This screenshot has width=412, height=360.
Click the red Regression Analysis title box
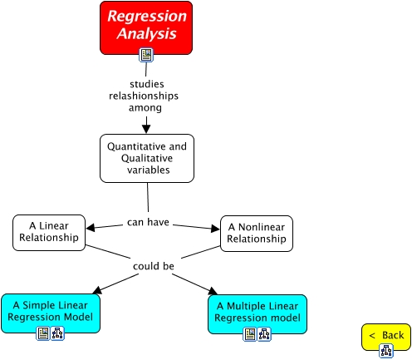coord(145,24)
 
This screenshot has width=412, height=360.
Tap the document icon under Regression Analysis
coord(146,56)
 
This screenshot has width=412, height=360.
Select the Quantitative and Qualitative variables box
coord(147,158)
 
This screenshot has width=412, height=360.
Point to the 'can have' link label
coord(147,222)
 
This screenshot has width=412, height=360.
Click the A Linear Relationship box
coord(50,232)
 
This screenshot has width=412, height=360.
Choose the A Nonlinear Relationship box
coord(257,233)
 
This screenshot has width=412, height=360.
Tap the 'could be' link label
coord(153,266)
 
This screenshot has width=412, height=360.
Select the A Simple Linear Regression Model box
coord(51,312)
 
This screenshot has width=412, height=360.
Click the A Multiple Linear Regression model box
coord(257,313)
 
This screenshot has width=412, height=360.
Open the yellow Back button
coord(386,335)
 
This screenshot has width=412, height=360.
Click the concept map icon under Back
coord(386,351)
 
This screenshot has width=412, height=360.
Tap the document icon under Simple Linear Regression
coord(43,333)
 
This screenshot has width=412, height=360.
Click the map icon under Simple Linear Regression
coord(57,333)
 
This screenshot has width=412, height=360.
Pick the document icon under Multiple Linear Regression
coord(249,334)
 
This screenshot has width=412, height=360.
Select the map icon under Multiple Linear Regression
coord(264,334)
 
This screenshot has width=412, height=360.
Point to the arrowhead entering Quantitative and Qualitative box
coord(147,127)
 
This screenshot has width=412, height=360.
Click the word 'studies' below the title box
coord(146,84)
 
